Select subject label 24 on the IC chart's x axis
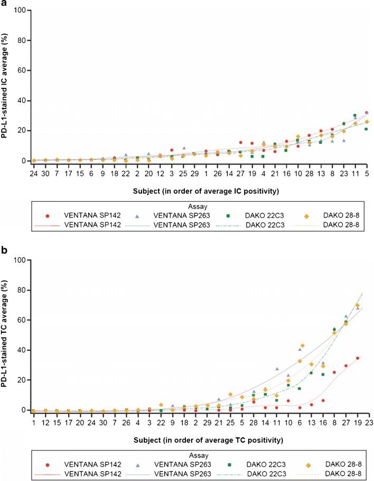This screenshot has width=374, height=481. pyautogui.click(x=34, y=173)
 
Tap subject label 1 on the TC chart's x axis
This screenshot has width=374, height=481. pyautogui.click(x=33, y=422)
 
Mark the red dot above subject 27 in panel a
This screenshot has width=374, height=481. pyautogui.click(x=240, y=142)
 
